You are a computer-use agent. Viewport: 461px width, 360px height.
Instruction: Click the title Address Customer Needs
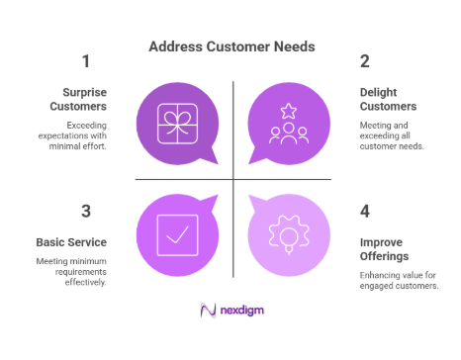click(230, 45)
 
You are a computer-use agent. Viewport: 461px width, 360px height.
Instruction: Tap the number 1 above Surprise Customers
click(86, 61)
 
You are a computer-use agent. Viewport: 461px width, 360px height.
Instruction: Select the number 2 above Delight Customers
click(365, 61)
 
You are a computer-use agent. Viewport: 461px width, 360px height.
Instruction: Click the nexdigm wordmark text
click(242, 311)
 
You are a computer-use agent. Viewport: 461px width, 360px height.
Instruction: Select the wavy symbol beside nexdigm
click(208, 311)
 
